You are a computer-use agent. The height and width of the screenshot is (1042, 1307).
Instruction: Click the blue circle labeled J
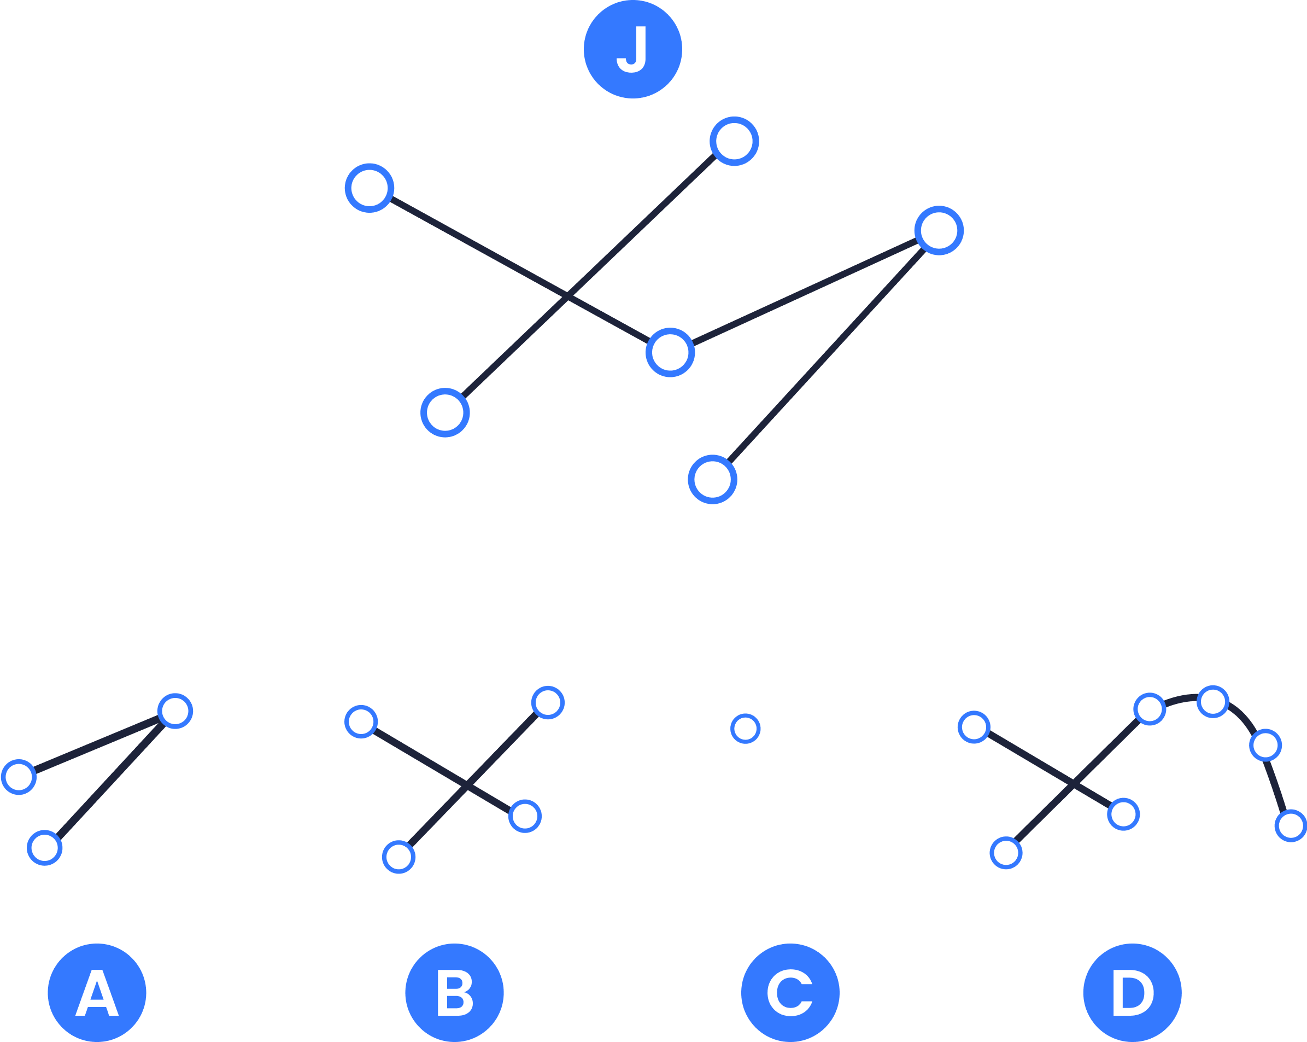point(632,49)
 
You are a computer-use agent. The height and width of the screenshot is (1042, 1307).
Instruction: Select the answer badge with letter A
point(97,992)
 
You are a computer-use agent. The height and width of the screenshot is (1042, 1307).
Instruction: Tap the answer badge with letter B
point(454,992)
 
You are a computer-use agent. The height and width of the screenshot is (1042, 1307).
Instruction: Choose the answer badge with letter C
point(790,992)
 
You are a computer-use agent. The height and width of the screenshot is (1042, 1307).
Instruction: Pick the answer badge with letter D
point(1132,992)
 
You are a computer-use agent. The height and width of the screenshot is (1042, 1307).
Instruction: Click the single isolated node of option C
point(745,729)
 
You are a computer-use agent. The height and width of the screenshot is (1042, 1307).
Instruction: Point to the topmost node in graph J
point(734,141)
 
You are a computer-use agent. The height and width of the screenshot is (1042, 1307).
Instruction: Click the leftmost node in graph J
point(369,188)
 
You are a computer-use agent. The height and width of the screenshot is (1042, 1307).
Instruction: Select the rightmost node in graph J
point(939,230)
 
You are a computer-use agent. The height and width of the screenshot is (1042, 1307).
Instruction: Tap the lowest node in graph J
point(712,479)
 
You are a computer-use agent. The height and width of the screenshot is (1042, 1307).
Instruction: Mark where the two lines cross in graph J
point(567,296)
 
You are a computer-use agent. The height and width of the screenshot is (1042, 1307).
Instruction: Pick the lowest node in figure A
point(45,848)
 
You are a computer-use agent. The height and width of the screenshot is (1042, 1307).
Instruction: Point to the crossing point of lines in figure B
point(466,786)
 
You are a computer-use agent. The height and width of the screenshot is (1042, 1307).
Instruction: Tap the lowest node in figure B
point(398,857)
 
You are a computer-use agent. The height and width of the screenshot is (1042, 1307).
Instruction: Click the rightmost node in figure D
point(1291,825)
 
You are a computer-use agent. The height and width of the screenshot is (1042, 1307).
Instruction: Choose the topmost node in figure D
point(1213,702)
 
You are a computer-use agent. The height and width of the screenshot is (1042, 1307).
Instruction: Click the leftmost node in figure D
point(974,726)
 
